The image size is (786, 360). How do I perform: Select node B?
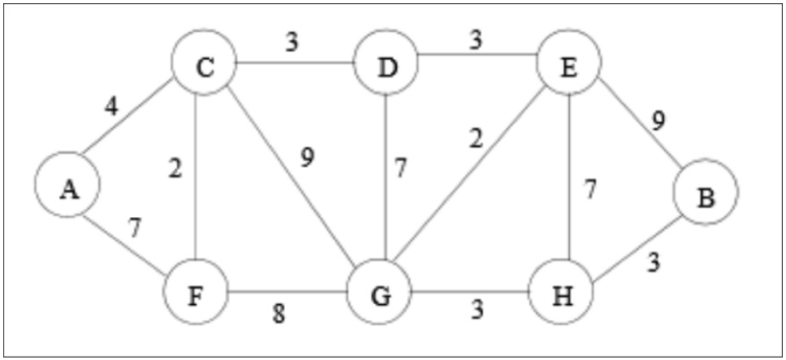pos(705,192)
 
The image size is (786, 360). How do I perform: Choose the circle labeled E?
pos(568,63)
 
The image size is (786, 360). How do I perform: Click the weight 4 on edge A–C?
pos(113,106)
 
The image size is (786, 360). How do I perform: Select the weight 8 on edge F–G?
pos(278,315)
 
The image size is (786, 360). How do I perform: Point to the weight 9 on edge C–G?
pos(307,157)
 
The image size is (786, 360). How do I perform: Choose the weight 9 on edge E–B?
pos(658,121)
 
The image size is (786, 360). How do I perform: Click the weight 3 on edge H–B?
pos(654,263)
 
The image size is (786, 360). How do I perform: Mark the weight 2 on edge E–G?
pos(476,140)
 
